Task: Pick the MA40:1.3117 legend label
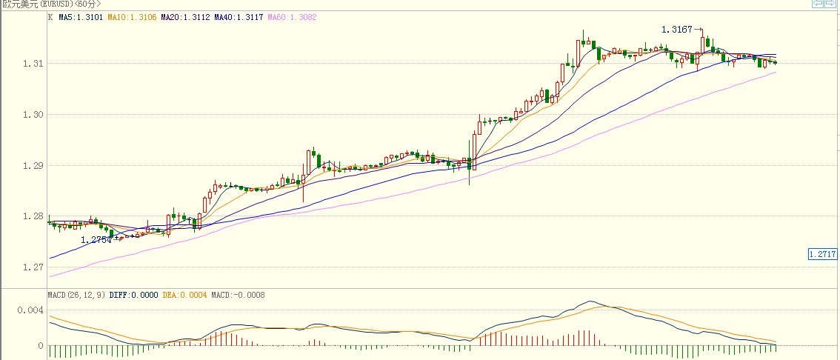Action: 239,16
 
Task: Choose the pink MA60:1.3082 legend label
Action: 292,16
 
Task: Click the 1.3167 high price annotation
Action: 677,30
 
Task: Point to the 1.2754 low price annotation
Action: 96,239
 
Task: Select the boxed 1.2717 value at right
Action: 823,254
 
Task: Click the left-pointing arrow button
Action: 817,4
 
